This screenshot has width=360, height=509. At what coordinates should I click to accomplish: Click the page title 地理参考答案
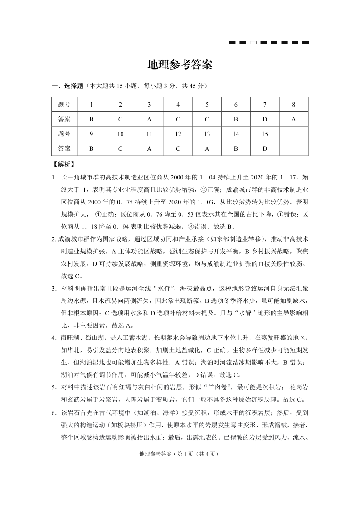click(180, 65)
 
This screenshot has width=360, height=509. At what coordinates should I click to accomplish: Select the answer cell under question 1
click(91, 119)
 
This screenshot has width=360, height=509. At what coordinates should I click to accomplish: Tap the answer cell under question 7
click(265, 119)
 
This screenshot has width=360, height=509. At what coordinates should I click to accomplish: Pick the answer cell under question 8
click(294, 119)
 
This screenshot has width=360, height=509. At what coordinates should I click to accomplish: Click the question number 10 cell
click(120, 134)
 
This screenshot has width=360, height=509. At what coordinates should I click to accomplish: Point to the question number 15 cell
click(265, 134)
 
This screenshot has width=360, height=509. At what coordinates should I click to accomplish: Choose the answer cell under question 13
click(207, 149)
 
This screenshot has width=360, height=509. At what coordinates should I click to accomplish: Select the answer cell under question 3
click(149, 119)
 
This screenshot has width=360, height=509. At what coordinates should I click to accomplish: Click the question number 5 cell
click(207, 105)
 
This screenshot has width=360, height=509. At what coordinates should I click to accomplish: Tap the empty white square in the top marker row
click(253, 43)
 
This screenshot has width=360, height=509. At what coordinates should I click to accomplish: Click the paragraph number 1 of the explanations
click(53, 177)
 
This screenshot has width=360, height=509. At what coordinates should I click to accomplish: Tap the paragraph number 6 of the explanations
click(53, 413)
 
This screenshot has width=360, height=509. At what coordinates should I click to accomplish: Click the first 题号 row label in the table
click(64, 105)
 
